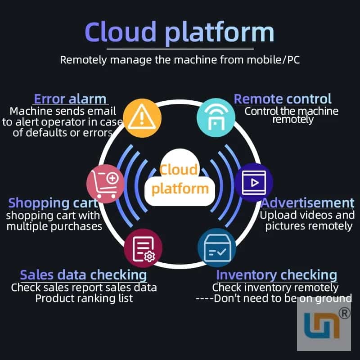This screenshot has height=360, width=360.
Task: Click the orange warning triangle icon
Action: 142,118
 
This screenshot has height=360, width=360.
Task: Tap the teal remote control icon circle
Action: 216,117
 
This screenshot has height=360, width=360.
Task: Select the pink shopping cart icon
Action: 106,184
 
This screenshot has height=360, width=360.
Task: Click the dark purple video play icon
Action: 254,183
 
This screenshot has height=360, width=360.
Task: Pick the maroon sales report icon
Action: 143,248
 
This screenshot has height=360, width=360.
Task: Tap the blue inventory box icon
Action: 217,248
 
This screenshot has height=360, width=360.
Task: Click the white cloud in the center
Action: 180,177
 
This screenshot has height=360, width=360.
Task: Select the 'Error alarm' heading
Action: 70,99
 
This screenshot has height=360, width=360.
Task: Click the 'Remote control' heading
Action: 283,99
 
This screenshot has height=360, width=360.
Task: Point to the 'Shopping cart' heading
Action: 53,203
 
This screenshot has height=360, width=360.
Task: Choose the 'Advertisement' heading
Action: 307,203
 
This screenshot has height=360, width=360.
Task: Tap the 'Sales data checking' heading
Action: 83,275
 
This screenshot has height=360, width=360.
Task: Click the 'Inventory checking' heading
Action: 277,275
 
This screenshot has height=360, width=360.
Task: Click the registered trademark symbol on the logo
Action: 344,313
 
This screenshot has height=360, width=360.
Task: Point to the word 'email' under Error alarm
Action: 102,111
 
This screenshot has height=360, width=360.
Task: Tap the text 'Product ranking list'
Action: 84,298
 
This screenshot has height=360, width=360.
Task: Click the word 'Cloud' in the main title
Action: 121,31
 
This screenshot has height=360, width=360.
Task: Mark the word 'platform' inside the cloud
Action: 180,189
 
